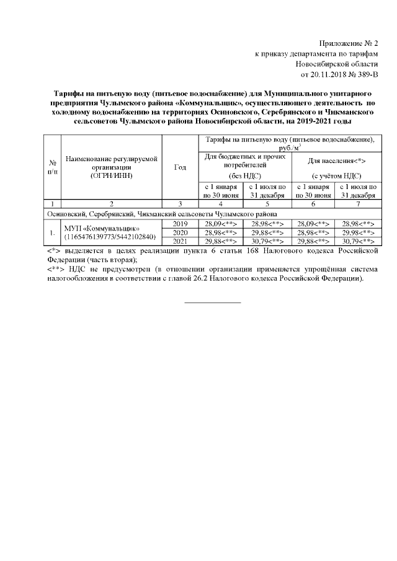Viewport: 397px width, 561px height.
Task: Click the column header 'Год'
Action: click(x=180, y=167)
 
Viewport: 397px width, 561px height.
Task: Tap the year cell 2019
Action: click(x=180, y=223)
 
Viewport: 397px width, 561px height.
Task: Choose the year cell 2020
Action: click(x=180, y=232)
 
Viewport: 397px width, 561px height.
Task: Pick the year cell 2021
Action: click(x=180, y=241)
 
